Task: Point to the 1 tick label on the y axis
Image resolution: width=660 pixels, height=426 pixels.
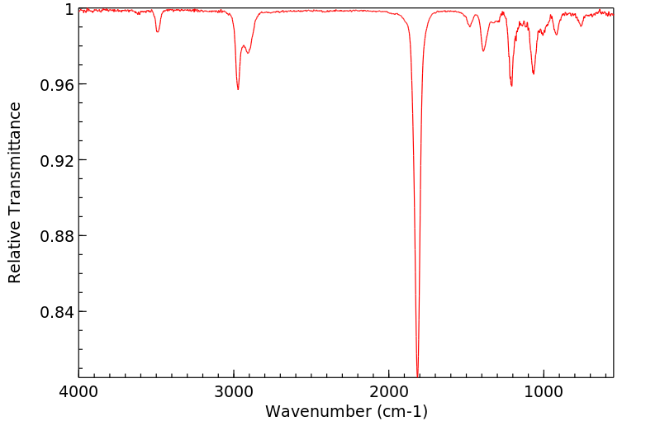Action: coord(69,9)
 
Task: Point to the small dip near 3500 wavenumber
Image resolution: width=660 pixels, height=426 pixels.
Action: coord(158,31)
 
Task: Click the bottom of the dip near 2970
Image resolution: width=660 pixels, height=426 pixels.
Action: coord(238,89)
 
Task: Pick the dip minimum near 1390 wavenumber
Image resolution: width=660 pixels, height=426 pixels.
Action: coord(483,51)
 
